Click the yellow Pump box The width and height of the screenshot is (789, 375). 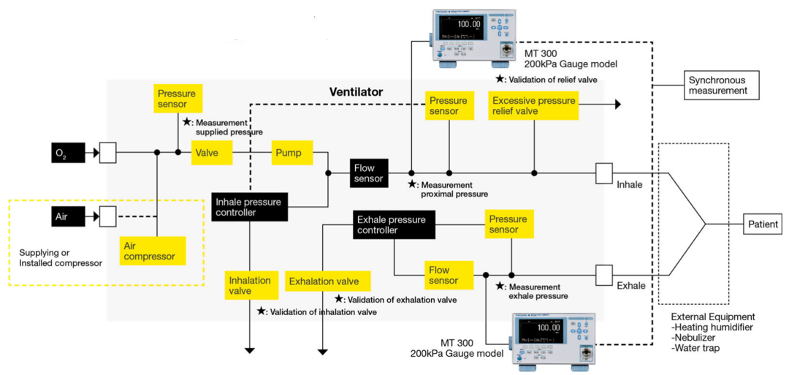[x=292, y=153]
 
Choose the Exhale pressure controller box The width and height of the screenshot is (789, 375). [x=394, y=224]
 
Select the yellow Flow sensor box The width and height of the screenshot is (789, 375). [x=443, y=275]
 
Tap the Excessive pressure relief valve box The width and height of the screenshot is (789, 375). [x=533, y=105]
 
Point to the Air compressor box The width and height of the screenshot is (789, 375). [x=153, y=251]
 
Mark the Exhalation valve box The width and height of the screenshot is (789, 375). [x=328, y=281]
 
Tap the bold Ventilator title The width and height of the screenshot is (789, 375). [x=356, y=92]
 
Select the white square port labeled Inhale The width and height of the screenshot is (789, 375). [x=604, y=173]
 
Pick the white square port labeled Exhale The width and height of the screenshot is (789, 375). [x=604, y=275]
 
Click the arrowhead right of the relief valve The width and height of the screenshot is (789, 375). [x=618, y=105]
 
